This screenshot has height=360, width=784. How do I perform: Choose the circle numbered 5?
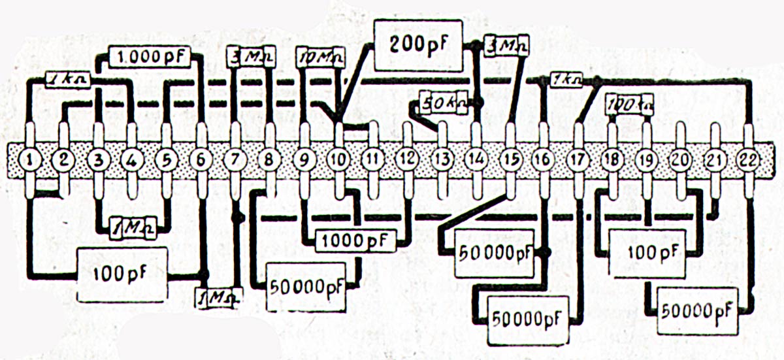(166, 159)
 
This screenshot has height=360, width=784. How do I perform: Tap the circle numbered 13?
(441, 159)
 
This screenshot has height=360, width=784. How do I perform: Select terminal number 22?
(747, 159)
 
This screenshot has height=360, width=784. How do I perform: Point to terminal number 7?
(235, 159)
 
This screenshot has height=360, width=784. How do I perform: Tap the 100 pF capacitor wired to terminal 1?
(120, 274)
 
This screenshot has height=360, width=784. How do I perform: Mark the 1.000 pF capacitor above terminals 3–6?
(150, 57)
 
